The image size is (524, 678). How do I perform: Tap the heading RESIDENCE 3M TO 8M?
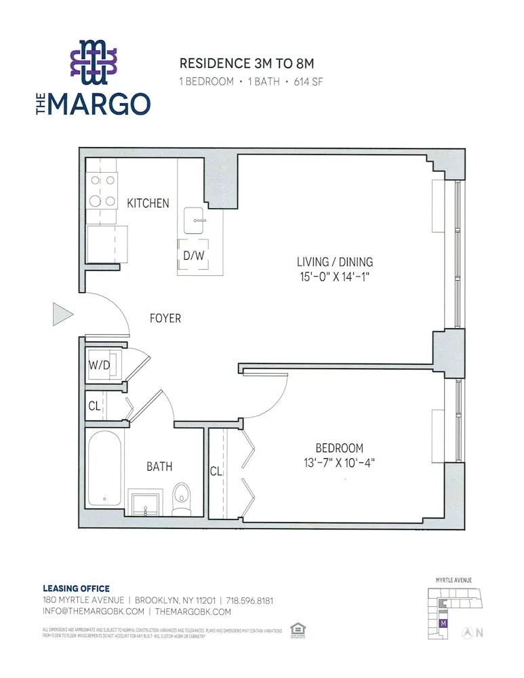(x=247, y=64)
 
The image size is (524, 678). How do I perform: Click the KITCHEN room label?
(x=148, y=203)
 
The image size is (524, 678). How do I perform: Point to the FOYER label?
(x=165, y=318)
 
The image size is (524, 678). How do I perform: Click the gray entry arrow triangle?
(x=62, y=315)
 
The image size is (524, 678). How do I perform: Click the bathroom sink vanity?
(x=146, y=504)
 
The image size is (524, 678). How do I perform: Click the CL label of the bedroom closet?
(x=216, y=471)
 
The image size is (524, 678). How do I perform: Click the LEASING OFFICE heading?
(x=76, y=589)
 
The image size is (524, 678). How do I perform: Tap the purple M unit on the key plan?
(x=443, y=622)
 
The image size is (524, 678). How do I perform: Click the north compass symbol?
(x=467, y=633)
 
